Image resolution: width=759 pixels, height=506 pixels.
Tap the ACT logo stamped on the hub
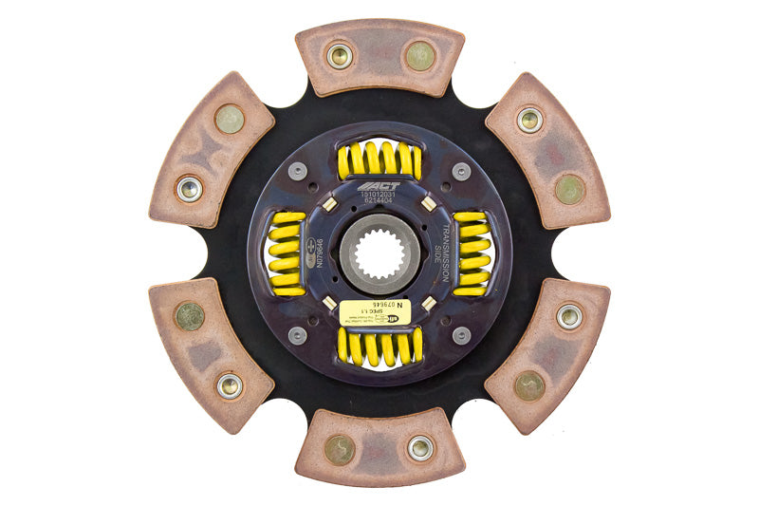[x=379, y=186]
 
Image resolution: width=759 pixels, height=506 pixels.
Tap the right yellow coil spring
[x=472, y=253]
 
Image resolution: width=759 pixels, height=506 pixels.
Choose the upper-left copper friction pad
[x=211, y=152]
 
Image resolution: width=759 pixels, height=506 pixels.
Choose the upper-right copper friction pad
[x=548, y=152]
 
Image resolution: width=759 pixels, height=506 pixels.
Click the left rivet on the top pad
[x=340, y=56]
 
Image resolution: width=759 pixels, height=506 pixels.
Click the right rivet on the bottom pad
[x=419, y=448]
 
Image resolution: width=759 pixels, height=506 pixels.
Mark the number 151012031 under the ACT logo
[x=379, y=197]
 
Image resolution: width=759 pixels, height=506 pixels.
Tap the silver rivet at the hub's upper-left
[x=298, y=172]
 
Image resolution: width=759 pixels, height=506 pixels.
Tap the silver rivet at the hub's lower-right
[x=461, y=334]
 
